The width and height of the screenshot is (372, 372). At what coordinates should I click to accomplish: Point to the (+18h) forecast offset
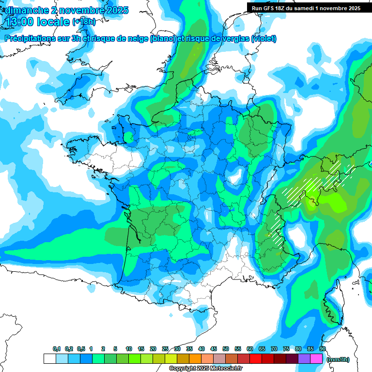[x=84, y=22]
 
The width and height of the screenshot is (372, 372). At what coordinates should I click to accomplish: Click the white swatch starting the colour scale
[x=50, y=359]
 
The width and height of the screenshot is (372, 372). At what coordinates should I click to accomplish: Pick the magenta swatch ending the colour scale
[x=316, y=359]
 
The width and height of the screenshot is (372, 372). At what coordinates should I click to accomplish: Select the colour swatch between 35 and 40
[x=195, y=359]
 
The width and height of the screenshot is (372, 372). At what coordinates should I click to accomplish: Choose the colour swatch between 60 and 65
[x=256, y=359]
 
